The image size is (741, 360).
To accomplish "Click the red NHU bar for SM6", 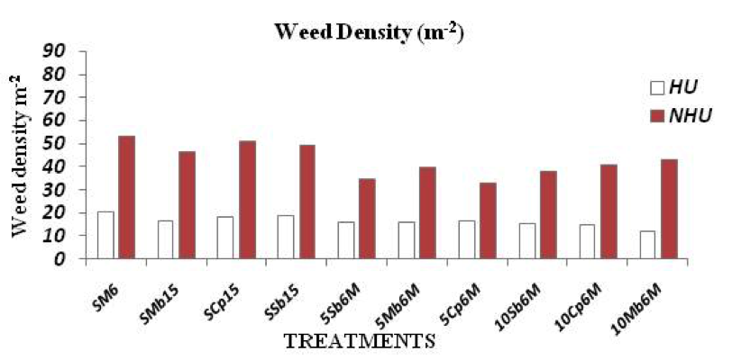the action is coord(126,197).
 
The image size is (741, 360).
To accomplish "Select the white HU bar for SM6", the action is coord(105,235).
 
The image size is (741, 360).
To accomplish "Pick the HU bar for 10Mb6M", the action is coord(648,245).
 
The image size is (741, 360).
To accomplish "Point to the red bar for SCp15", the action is coord(247,200).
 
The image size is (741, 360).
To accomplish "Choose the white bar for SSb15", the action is coord(286,237).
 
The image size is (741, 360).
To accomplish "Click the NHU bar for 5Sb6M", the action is coord(367,219).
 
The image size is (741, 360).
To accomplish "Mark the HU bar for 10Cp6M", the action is coord(588,241).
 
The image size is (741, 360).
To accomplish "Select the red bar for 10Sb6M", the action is coord(548,215).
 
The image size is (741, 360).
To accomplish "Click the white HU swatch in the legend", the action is coord(657,88).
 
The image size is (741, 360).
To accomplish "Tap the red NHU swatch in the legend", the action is coord(657,115).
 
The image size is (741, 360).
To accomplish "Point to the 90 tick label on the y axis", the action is coord(57,51).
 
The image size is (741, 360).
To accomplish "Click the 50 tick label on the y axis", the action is coord(57,144).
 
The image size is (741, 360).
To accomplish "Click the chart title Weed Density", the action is coord(369,32).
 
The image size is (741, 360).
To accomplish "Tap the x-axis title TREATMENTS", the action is coord(359,341).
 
